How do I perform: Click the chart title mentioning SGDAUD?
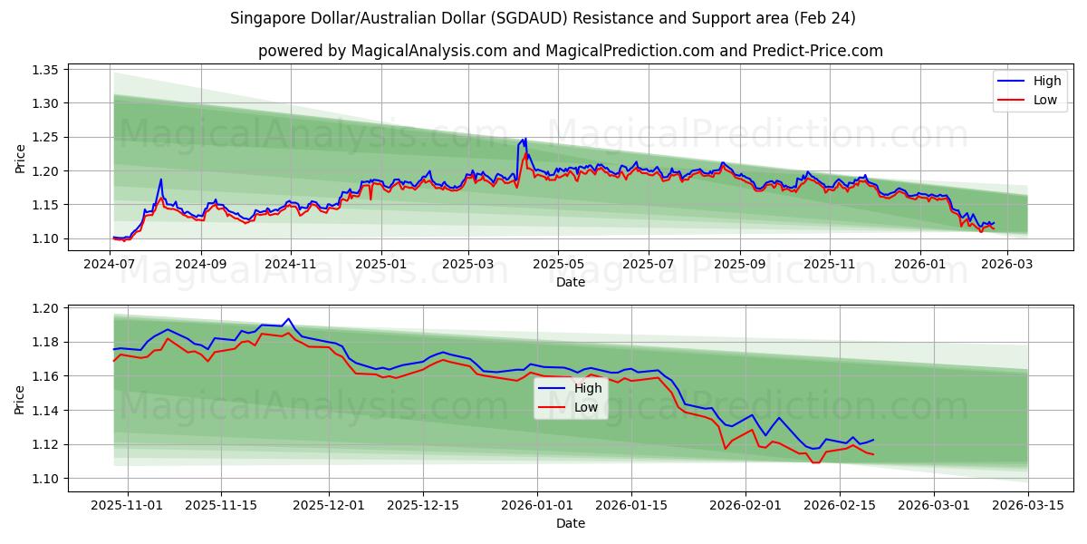543,18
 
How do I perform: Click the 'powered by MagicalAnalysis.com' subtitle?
570,51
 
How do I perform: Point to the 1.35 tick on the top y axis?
45,70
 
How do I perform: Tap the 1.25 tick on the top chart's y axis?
45,137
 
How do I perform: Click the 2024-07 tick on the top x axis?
111,264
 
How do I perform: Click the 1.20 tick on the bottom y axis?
45,308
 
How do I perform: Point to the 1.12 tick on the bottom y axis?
45,444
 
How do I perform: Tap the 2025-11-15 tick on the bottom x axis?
222,505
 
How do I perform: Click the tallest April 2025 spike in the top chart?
524,139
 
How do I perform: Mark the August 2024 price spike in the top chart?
161,180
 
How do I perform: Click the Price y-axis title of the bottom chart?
20,398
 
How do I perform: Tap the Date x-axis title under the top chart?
570,282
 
